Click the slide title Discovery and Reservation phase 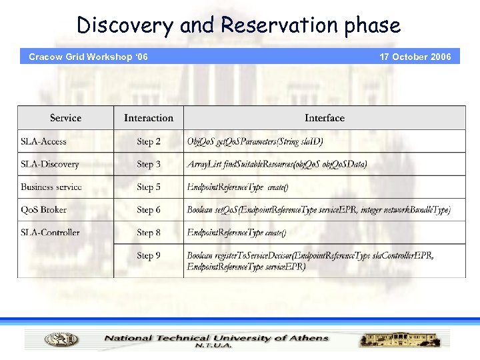coord(239,25)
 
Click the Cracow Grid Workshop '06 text coord(88,57)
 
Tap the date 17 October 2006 coord(415,57)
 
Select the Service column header coord(65,118)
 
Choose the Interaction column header coord(148,118)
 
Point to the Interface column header coord(325,118)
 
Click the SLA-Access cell coord(43,141)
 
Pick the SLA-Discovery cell coord(49,164)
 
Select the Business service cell coord(51,187)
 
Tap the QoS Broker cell coord(43,209)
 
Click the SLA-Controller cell coord(50,233)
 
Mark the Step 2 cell coord(149,141)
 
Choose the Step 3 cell coord(149,164)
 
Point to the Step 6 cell coord(149,209)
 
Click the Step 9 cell coord(149,255)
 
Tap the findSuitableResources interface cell coord(277,164)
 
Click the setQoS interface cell coord(319,209)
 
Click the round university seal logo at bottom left coord(61,339)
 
